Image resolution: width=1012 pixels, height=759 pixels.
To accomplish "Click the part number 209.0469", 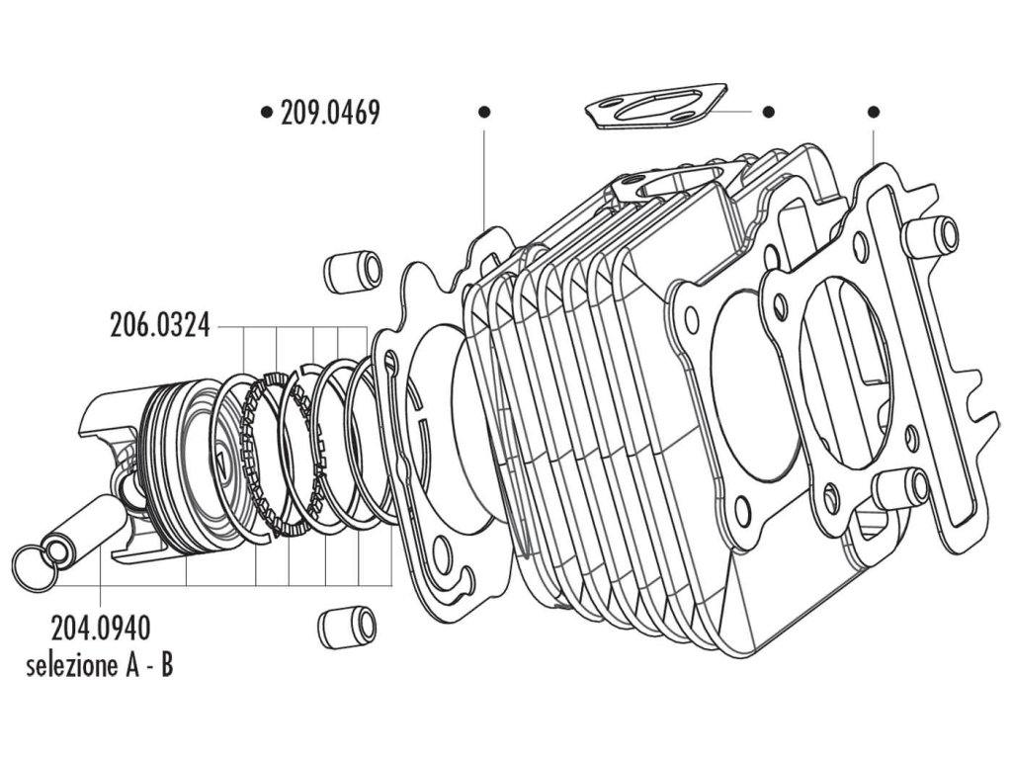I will coord(329,113).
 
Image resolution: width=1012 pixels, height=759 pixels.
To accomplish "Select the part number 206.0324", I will coord(159,325).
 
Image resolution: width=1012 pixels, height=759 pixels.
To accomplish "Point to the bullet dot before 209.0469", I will coord(266,113).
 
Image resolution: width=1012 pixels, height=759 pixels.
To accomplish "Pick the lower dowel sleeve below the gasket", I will coord(346,628).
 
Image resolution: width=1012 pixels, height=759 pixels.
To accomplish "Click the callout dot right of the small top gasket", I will coord(770,112).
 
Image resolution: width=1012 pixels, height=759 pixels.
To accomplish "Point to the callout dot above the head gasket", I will coord(873,112).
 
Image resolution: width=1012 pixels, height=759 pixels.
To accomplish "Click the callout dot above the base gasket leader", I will coord(483,112).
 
